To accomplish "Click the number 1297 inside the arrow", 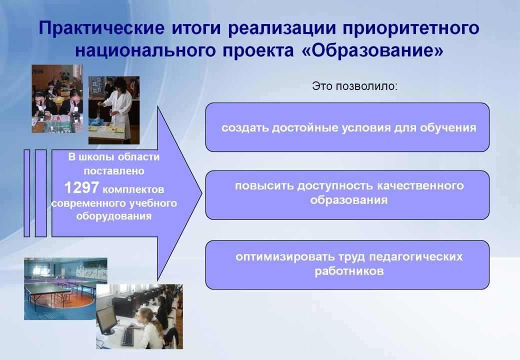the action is [81, 187].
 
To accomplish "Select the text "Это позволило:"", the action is [354, 86].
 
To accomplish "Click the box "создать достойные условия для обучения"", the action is [347, 127].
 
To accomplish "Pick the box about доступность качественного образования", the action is [347, 195].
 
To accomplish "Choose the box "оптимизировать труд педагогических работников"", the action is [347, 265].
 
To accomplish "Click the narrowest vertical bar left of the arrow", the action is [27, 193].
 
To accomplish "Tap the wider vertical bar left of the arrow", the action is [40, 193].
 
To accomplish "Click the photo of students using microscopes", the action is [57, 99].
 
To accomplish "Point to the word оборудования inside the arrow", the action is [114, 216].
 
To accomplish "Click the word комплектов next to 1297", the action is [133, 189].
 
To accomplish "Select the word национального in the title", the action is [143, 50].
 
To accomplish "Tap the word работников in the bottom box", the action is [349, 271].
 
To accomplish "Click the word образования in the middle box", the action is [349, 200].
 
